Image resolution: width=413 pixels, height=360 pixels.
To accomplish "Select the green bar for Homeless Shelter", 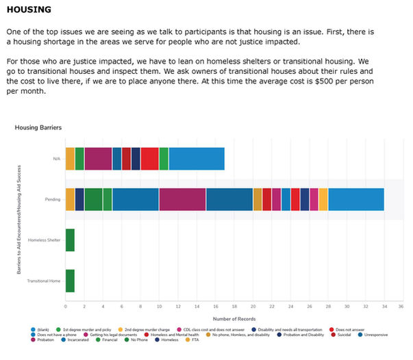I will click(70, 240).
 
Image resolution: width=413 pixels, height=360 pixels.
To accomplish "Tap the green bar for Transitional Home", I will click(70, 281).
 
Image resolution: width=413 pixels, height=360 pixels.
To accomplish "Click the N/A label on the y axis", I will click(57, 159).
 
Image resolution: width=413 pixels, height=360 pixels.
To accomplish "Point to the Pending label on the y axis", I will click(53, 200).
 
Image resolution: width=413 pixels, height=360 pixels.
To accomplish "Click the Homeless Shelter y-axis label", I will click(44, 240).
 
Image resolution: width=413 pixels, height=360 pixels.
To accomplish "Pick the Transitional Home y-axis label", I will click(43, 281).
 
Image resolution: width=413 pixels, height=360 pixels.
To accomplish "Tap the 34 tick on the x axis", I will click(384, 307).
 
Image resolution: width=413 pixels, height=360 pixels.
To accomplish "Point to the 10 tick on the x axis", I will click(159, 307).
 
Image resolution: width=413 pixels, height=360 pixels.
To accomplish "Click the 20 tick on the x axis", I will click(253, 307).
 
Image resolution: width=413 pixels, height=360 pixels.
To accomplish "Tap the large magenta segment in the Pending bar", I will click(182, 199).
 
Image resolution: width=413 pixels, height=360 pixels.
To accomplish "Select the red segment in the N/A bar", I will click(149, 159).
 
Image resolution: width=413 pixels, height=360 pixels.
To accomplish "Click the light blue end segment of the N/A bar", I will click(197, 159).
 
